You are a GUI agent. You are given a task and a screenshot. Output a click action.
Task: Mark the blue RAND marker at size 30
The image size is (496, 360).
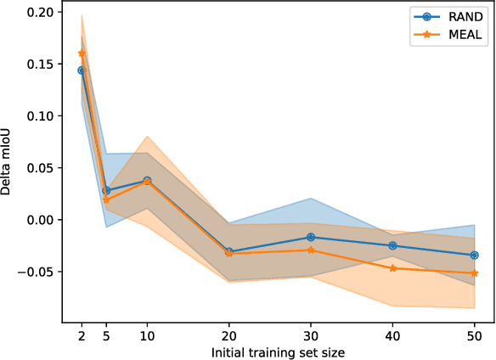pos(311,237)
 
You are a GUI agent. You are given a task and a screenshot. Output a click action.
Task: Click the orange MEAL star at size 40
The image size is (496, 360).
pos(392,268)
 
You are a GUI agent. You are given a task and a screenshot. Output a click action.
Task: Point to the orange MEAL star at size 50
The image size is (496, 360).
pos(474,273)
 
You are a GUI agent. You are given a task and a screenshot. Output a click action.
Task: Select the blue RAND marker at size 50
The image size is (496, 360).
pos(474,255)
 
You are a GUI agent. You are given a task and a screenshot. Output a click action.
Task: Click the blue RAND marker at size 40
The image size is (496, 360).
pos(392,245)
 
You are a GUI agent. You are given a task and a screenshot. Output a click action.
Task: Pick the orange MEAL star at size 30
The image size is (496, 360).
pos(311,250)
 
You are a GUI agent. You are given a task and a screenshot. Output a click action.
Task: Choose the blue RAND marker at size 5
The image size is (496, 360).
pos(106,190)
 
